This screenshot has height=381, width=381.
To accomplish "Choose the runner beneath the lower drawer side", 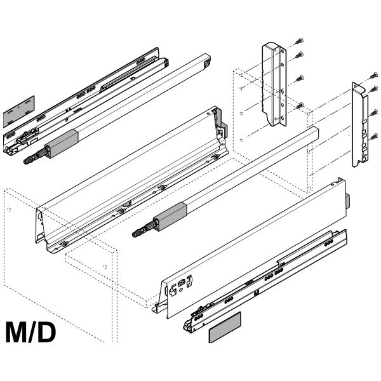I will [267, 279].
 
